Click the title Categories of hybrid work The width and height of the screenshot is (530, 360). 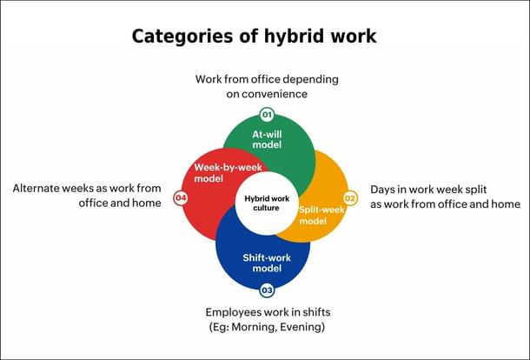pyautogui.click(x=254, y=37)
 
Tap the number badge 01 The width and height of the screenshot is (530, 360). pyautogui.click(x=267, y=115)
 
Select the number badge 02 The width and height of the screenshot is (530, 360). pyautogui.click(x=351, y=197)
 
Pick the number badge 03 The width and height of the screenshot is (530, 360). pyautogui.click(x=267, y=290)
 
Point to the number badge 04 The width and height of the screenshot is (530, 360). pyautogui.click(x=181, y=197)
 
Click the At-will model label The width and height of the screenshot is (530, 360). pyautogui.click(x=268, y=139)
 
